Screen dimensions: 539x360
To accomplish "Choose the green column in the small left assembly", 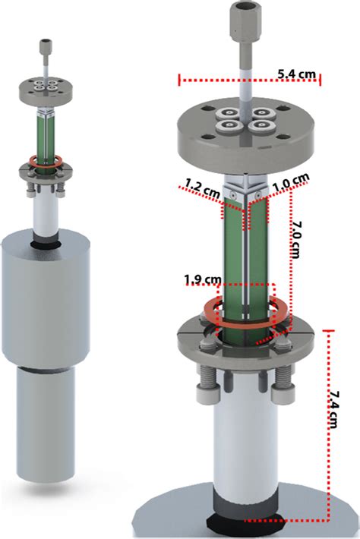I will [47, 133].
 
